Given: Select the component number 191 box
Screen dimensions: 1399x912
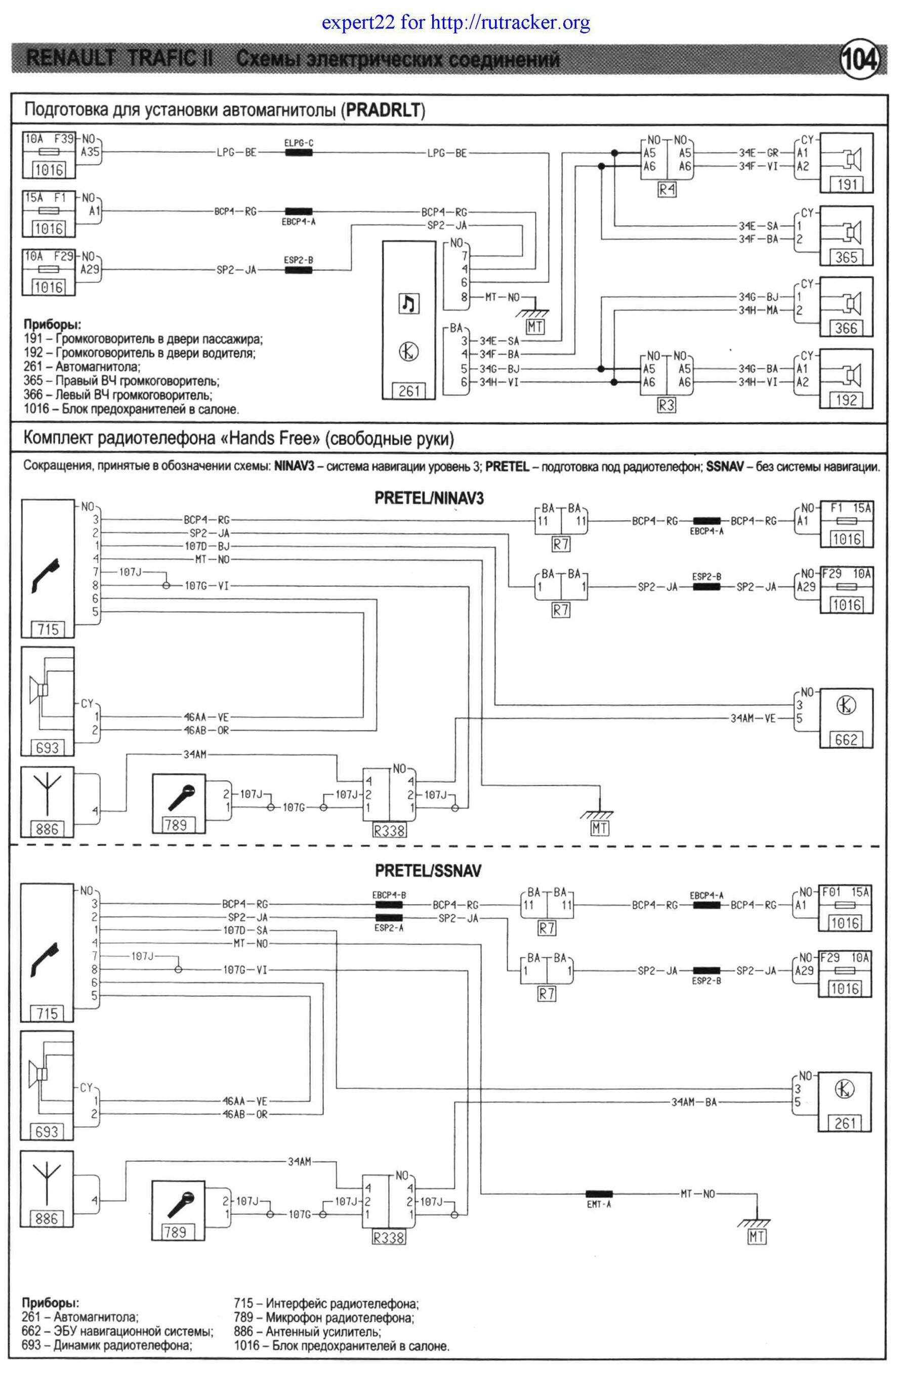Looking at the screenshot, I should coord(846,185).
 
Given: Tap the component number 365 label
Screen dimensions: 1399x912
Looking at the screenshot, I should coord(846,257).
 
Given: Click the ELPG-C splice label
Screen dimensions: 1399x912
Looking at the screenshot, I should coord(298,143).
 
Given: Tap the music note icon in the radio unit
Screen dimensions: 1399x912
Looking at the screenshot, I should coord(408,304).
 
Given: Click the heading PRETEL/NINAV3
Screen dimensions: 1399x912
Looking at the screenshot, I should coord(429,498).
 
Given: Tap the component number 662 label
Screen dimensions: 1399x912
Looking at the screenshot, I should coord(846,740).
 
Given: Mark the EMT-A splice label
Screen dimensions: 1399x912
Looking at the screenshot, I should coord(599,1204).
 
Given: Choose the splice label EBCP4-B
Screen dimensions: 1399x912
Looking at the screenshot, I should coord(389,895).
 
